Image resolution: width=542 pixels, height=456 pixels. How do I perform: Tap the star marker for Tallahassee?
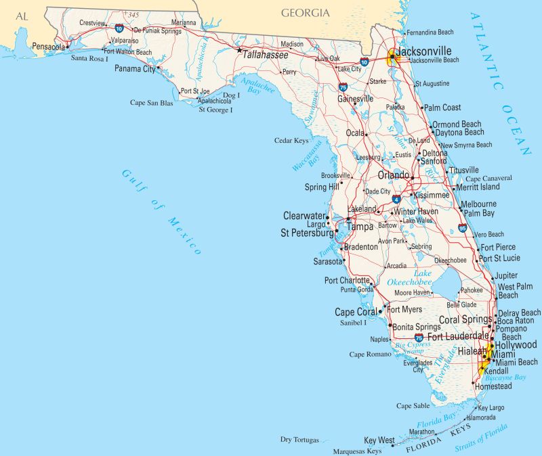pyautogui.click(x=238, y=49)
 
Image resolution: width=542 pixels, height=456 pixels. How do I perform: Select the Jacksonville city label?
pyautogui.click(x=424, y=51)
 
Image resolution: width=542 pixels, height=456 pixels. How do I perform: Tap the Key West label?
pyautogui.click(x=379, y=440)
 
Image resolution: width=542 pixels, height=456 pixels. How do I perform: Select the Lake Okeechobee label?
pyautogui.click(x=409, y=277)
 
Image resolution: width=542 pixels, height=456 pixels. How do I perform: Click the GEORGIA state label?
pyautogui.click(x=306, y=13)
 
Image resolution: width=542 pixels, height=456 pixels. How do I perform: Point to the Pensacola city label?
pyautogui.click(x=48, y=47)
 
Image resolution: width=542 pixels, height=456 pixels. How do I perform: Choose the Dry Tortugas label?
pyautogui.click(x=299, y=440)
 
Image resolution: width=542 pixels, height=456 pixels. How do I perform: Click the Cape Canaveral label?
pyautogui.click(x=488, y=178)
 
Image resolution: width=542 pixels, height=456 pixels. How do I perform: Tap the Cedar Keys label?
pyautogui.click(x=291, y=141)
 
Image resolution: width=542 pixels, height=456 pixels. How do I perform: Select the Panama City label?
pyautogui.click(x=134, y=69)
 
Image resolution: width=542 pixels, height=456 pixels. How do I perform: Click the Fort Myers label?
pyautogui.click(x=404, y=310)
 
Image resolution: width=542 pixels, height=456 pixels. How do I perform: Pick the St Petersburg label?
pyautogui.click(x=307, y=233)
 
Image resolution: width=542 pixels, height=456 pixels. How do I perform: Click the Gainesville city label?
pyautogui.click(x=356, y=99)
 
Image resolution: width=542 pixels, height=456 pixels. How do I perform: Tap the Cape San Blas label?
pyautogui.click(x=152, y=103)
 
